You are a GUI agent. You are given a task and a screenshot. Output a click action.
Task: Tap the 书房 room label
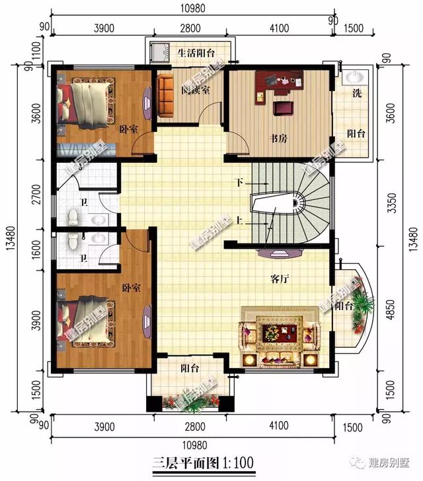(278, 139)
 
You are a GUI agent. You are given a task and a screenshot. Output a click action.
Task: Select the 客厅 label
(281, 278)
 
